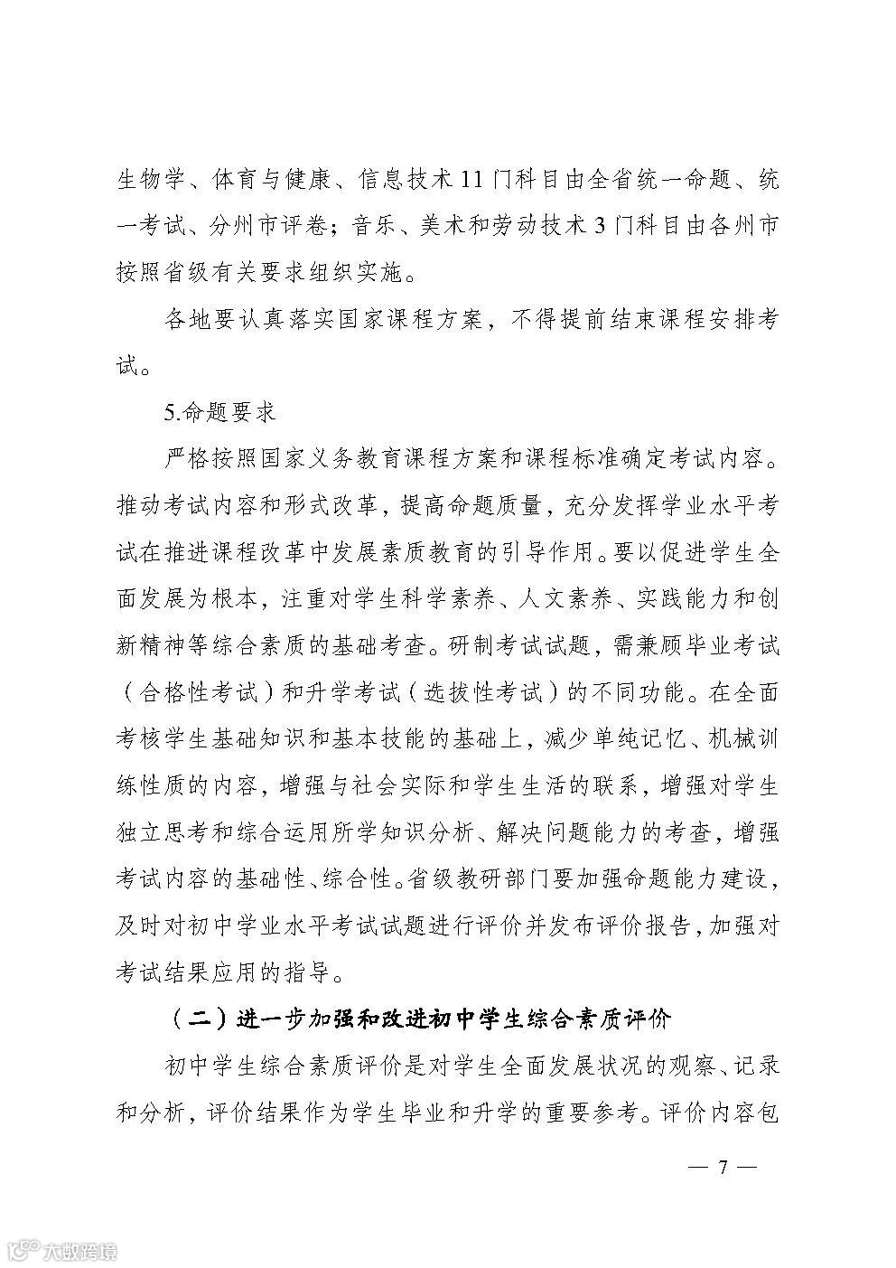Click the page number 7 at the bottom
[722, 1166]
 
